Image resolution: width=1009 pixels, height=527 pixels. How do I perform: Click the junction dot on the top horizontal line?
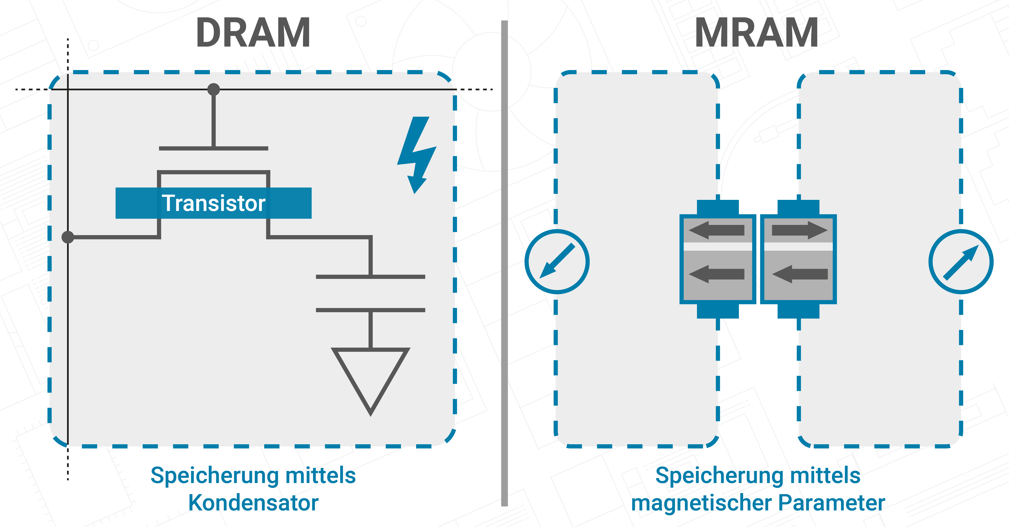point(214,89)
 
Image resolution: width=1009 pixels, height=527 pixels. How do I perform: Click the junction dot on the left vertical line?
point(68,237)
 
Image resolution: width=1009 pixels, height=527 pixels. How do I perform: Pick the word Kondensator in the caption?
point(253,503)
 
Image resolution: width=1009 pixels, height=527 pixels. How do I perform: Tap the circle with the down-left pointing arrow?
point(557,262)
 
